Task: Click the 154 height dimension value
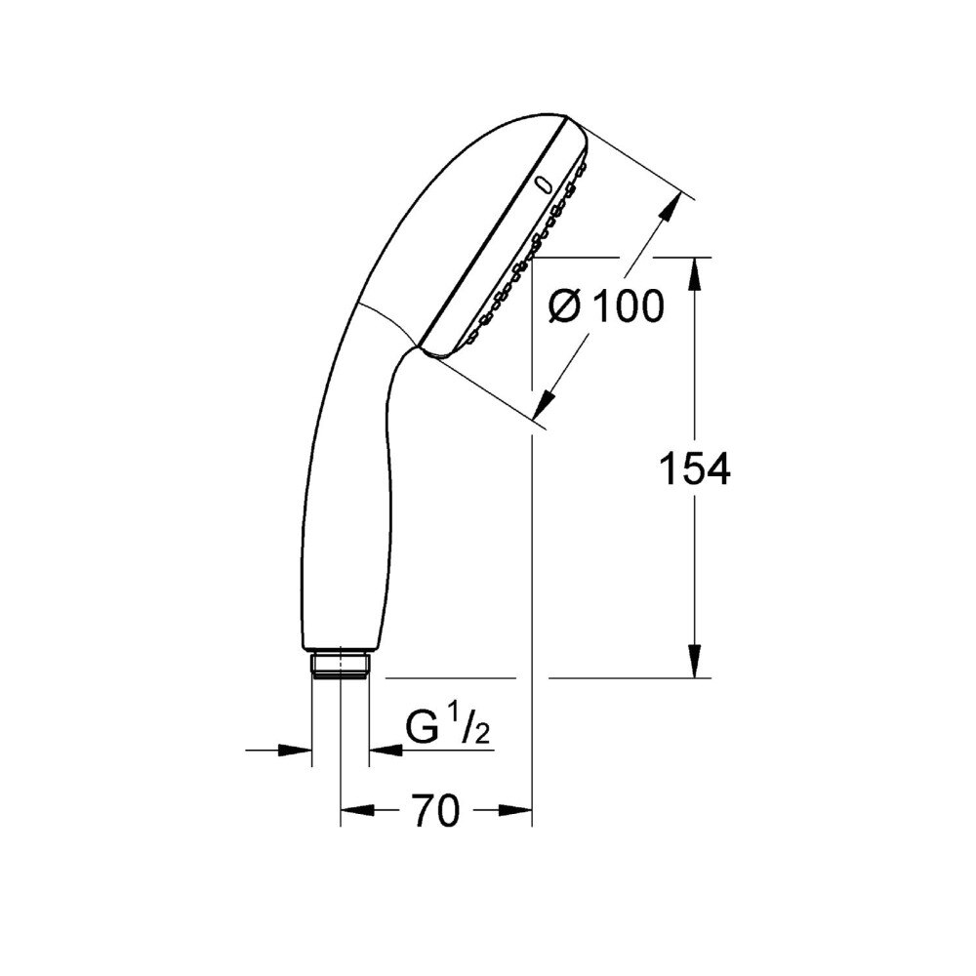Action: tap(694, 469)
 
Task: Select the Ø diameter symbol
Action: tap(565, 307)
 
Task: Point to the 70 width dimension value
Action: tap(435, 810)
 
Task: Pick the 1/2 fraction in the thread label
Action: tap(471, 729)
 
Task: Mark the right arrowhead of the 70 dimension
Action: tap(516, 810)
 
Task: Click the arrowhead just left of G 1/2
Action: tap(385, 751)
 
